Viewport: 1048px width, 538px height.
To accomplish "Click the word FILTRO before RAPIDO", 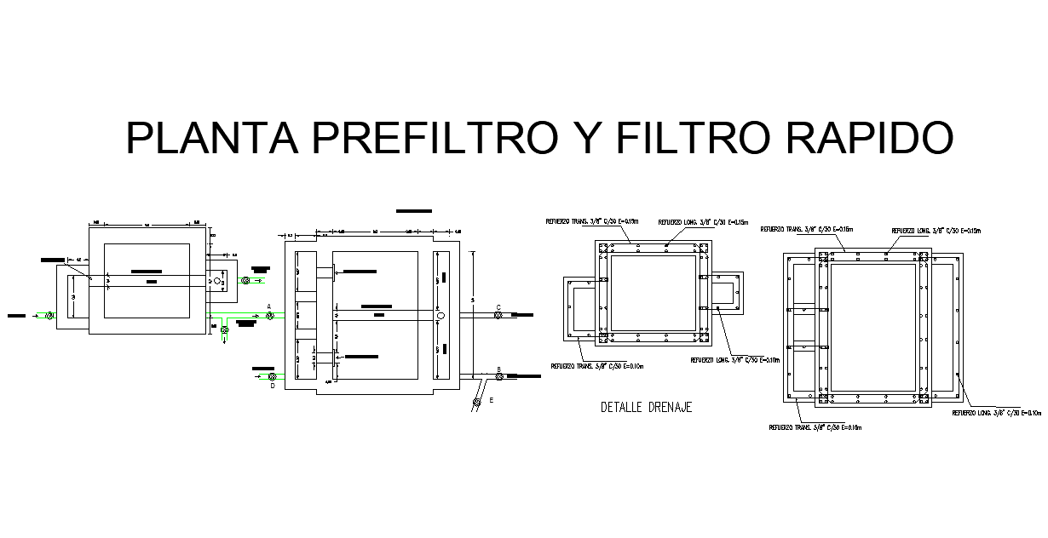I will pyautogui.click(x=686, y=138).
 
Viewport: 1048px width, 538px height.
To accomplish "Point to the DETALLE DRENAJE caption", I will pyautogui.click(x=646, y=408).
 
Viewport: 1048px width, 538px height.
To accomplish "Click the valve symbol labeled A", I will pyautogui.click(x=270, y=316).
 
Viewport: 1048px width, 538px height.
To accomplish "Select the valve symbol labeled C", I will pyautogui.click(x=498, y=316).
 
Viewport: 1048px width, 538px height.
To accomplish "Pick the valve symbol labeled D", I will pyautogui.click(x=272, y=376).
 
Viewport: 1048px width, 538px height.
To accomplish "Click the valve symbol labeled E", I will pyautogui.click(x=478, y=401).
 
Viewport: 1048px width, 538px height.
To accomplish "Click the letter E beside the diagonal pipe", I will pyautogui.click(x=491, y=398).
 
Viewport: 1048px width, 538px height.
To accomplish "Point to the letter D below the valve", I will pyautogui.click(x=272, y=386).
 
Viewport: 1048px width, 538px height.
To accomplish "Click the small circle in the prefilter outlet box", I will pyautogui.click(x=217, y=280).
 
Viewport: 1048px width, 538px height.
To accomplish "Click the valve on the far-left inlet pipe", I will pyautogui.click(x=49, y=316).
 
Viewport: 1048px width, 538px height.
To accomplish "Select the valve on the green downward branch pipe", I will pyautogui.click(x=224, y=329).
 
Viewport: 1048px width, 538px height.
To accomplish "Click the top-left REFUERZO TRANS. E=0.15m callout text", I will pyautogui.click(x=592, y=221).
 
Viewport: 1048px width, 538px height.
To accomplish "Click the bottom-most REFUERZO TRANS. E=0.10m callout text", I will pyautogui.click(x=815, y=427).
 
